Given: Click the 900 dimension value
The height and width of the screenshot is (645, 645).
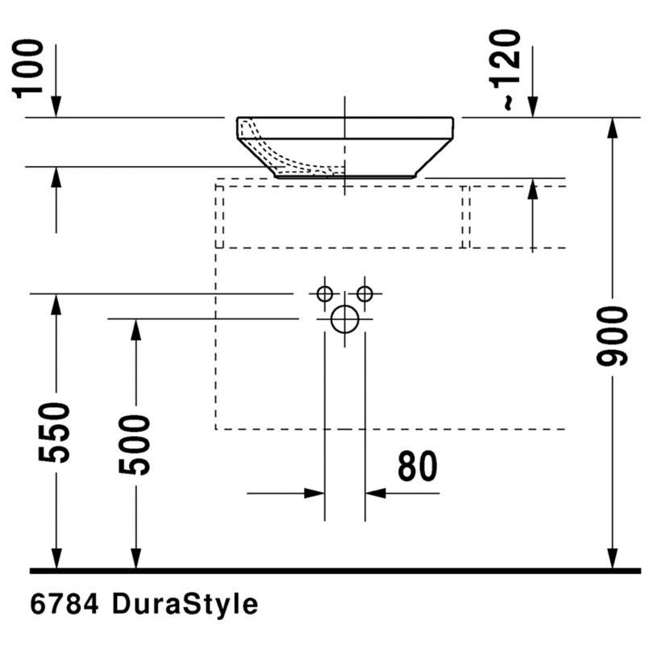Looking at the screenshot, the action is click(x=612, y=336).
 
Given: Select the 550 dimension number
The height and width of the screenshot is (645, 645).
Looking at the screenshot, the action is click(x=54, y=432).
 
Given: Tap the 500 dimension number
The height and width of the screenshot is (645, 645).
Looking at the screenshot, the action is click(x=134, y=445).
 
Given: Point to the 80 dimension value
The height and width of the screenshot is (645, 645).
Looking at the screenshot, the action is click(x=417, y=466).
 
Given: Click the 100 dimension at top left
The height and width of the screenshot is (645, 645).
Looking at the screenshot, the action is click(x=29, y=69).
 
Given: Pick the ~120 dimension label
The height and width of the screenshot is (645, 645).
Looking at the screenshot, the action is click(x=506, y=69).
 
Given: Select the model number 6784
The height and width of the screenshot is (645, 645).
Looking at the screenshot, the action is click(x=64, y=604).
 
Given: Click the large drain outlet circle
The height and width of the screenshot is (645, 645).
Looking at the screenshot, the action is click(x=345, y=319).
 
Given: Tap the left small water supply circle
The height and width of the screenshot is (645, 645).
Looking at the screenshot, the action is click(x=325, y=293).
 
